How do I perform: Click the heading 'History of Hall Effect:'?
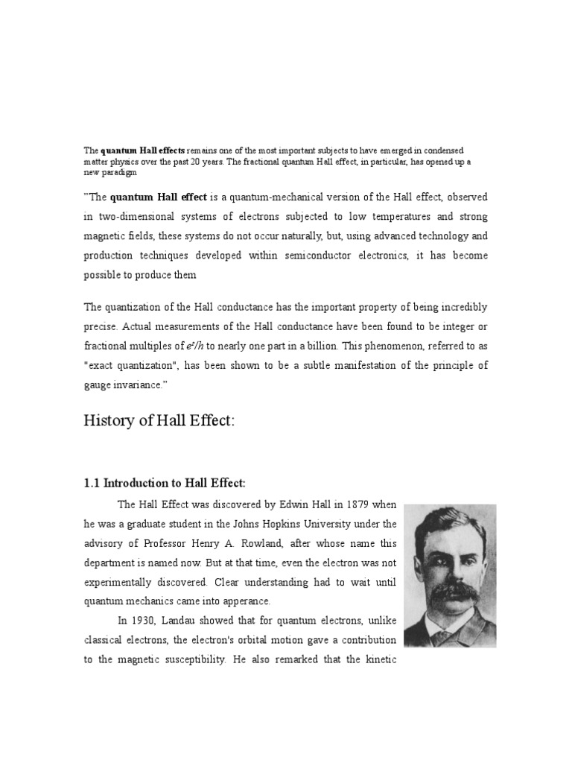click(x=159, y=421)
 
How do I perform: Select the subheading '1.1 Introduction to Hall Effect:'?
click(x=164, y=483)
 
